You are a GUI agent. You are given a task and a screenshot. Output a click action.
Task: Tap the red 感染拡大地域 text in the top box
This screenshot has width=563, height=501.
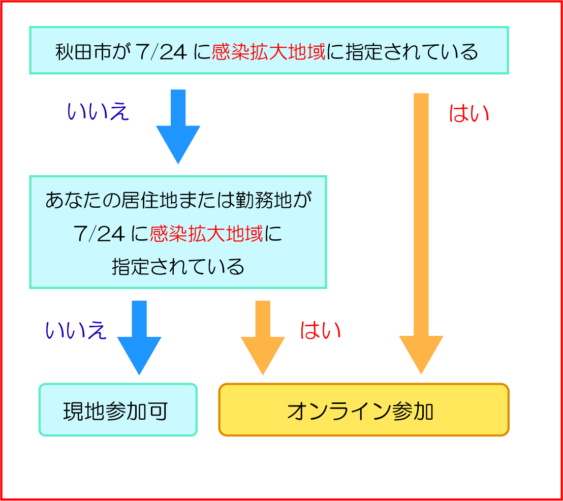[x=268, y=52]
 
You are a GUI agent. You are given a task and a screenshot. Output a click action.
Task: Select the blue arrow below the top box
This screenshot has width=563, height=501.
[x=178, y=127]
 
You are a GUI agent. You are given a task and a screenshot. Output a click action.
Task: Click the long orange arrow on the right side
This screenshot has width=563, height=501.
[x=421, y=234]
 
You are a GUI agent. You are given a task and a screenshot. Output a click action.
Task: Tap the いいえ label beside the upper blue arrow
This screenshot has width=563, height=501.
[x=99, y=112]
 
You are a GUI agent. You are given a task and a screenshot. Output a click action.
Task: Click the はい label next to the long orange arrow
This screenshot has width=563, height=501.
[x=468, y=114]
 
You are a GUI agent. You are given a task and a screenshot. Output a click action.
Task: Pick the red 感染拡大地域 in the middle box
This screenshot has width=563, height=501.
[x=206, y=234]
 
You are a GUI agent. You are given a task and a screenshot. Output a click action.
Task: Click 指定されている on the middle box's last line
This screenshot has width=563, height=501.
[x=178, y=267]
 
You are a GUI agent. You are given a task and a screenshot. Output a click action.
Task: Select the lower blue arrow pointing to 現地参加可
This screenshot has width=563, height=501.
[x=139, y=338]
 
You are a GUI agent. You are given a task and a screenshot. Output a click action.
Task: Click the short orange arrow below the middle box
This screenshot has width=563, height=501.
[x=263, y=338]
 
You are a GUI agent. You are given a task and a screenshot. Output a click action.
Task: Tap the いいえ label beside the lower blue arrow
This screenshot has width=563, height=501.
[x=76, y=330]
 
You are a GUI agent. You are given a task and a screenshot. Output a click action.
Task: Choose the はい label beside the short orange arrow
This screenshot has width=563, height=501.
[x=320, y=330]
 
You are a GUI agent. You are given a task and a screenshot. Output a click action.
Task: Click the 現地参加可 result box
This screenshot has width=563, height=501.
[x=118, y=410]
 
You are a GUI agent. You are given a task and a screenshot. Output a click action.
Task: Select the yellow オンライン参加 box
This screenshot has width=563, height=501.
[x=364, y=410]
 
